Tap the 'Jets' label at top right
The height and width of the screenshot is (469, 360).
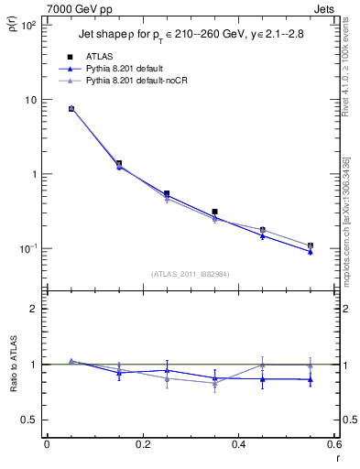tap(324, 8)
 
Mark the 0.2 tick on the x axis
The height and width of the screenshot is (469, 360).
tap(143, 444)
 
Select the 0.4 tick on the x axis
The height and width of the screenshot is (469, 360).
tap(239, 444)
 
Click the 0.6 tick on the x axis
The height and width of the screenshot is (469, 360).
tap(334, 444)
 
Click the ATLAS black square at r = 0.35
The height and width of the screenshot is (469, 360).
tap(214, 212)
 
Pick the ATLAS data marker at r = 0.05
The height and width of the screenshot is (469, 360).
tap(71, 108)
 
